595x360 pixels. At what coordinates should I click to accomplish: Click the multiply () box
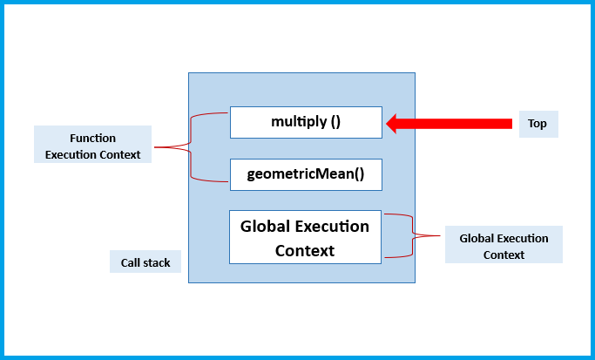click(306, 123)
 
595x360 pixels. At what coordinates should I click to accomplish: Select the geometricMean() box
click(306, 174)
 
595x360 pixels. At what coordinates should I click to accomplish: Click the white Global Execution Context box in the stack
click(306, 237)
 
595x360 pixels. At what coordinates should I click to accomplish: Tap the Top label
click(538, 124)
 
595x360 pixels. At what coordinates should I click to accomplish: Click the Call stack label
click(145, 262)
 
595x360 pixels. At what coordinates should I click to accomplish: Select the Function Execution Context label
click(93, 146)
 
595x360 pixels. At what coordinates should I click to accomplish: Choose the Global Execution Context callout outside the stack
click(504, 246)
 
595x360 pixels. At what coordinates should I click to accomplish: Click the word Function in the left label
click(92, 138)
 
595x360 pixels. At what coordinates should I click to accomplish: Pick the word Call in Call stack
click(131, 262)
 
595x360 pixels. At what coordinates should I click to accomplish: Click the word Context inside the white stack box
click(305, 250)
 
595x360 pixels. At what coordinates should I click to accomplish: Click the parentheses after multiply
click(335, 123)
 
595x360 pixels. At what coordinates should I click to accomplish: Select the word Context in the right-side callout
click(504, 255)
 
